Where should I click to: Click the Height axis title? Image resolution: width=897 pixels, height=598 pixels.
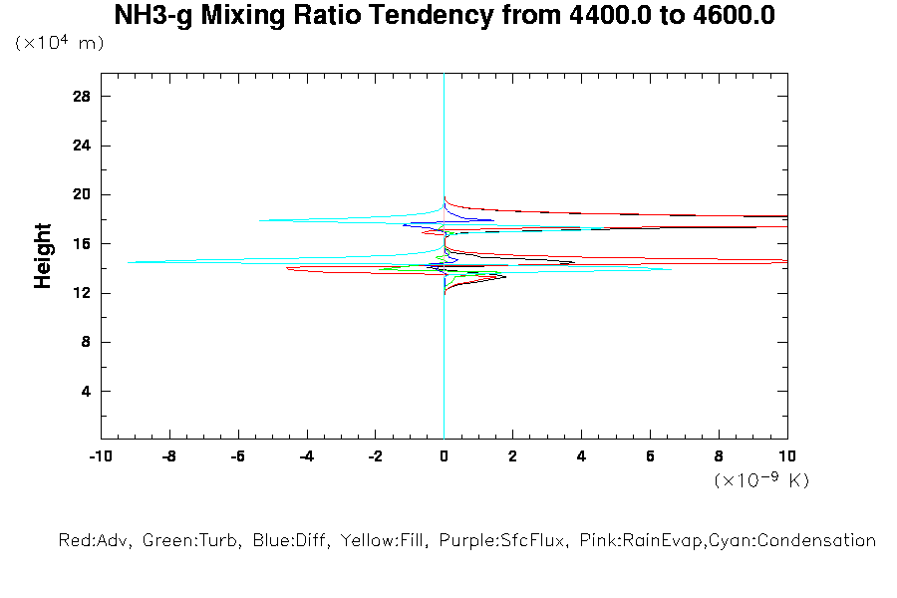[43, 256]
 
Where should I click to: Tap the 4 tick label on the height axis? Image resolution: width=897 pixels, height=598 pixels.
[86, 391]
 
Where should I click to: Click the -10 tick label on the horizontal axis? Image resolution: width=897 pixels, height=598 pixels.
[100, 456]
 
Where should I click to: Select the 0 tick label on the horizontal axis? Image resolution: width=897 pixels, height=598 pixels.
[444, 456]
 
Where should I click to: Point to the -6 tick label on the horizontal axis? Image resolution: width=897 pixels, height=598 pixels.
[237, 456]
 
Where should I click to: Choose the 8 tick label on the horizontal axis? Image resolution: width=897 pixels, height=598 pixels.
[719, 456]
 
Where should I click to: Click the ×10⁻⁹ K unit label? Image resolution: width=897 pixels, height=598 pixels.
[761, 480]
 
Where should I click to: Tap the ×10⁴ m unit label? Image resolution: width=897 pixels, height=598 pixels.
[60, 44]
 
